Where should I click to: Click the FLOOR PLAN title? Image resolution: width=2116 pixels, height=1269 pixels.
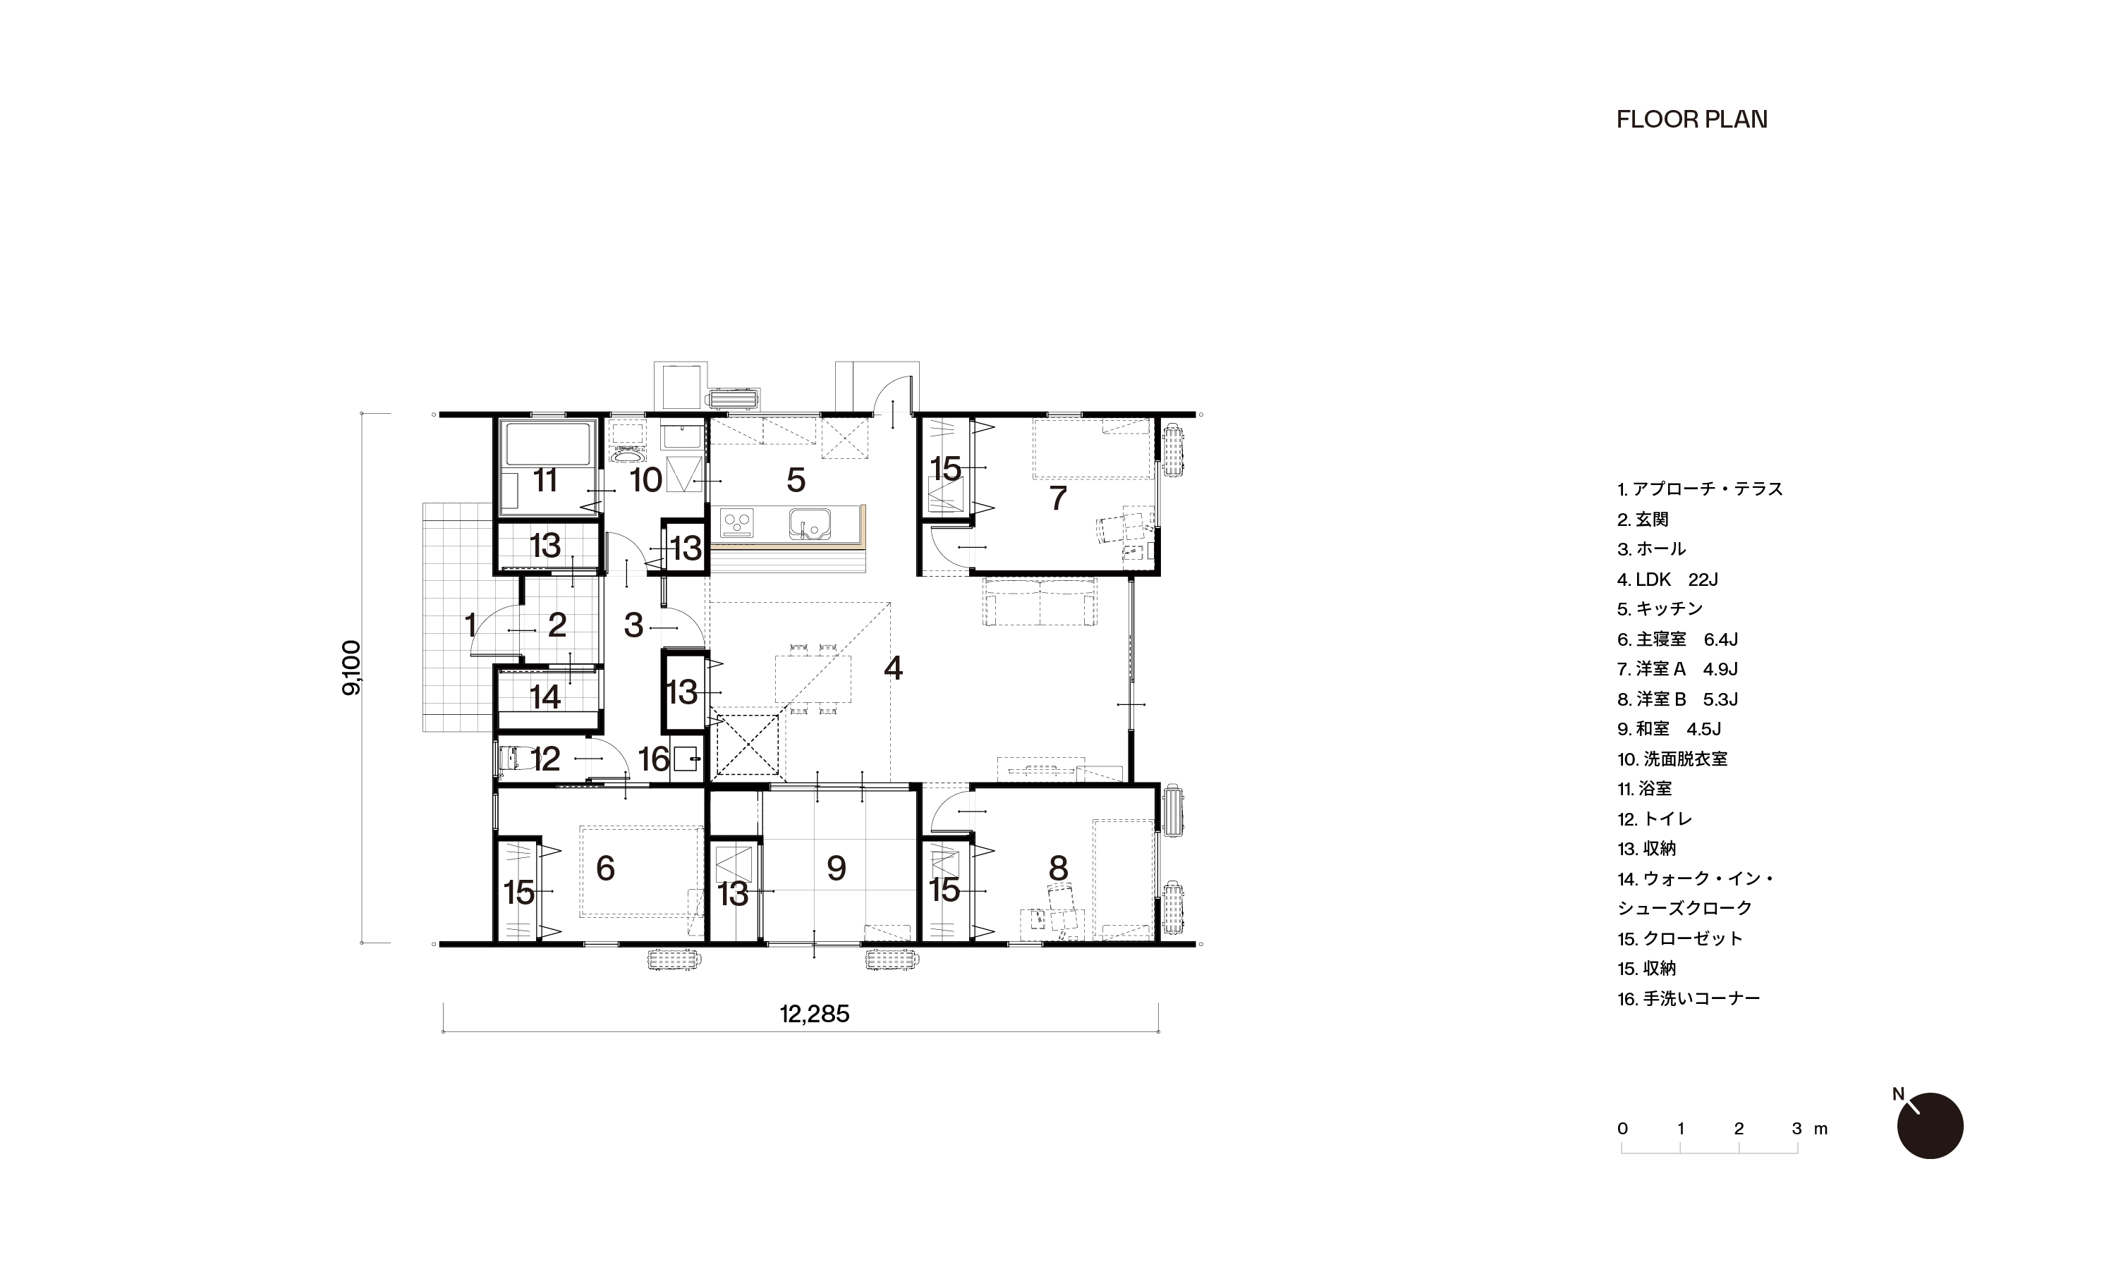(x=1692, y=120)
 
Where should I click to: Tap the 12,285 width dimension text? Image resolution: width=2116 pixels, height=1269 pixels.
(x=814, y=1014)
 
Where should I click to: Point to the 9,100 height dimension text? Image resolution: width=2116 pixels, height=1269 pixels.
(x=351, y=668)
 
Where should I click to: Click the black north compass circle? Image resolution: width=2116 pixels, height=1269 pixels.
(x=1930, y=1125)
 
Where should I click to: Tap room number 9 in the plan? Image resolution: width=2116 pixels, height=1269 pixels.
(x=837, y=868)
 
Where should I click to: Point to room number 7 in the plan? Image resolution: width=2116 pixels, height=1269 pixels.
(x=1058, y=498)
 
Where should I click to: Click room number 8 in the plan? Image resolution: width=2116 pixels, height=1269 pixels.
(x=1058, y=868)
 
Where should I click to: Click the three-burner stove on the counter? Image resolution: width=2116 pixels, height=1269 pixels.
(x=737, y=522)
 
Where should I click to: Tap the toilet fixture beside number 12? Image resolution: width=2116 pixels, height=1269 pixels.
(x=514, y=758)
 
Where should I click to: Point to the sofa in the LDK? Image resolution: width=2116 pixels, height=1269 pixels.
(x=1039, y=603)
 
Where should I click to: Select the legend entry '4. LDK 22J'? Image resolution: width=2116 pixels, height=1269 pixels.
(x=1667, y=580)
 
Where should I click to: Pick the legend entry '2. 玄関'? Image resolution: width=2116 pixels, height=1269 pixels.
(x=1642, y=520)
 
